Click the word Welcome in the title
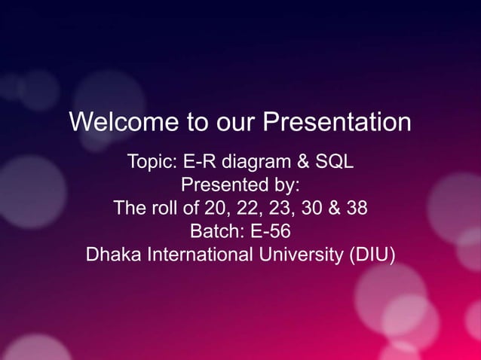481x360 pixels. click(x=115, y=122)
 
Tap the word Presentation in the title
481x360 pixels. click(x=336, y=122)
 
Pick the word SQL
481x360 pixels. click(x=332, y=162)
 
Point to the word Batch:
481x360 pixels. click(x=216, y=230)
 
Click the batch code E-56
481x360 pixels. click(x=270, y=230)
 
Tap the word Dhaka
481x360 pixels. click(x=111, y=254)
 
